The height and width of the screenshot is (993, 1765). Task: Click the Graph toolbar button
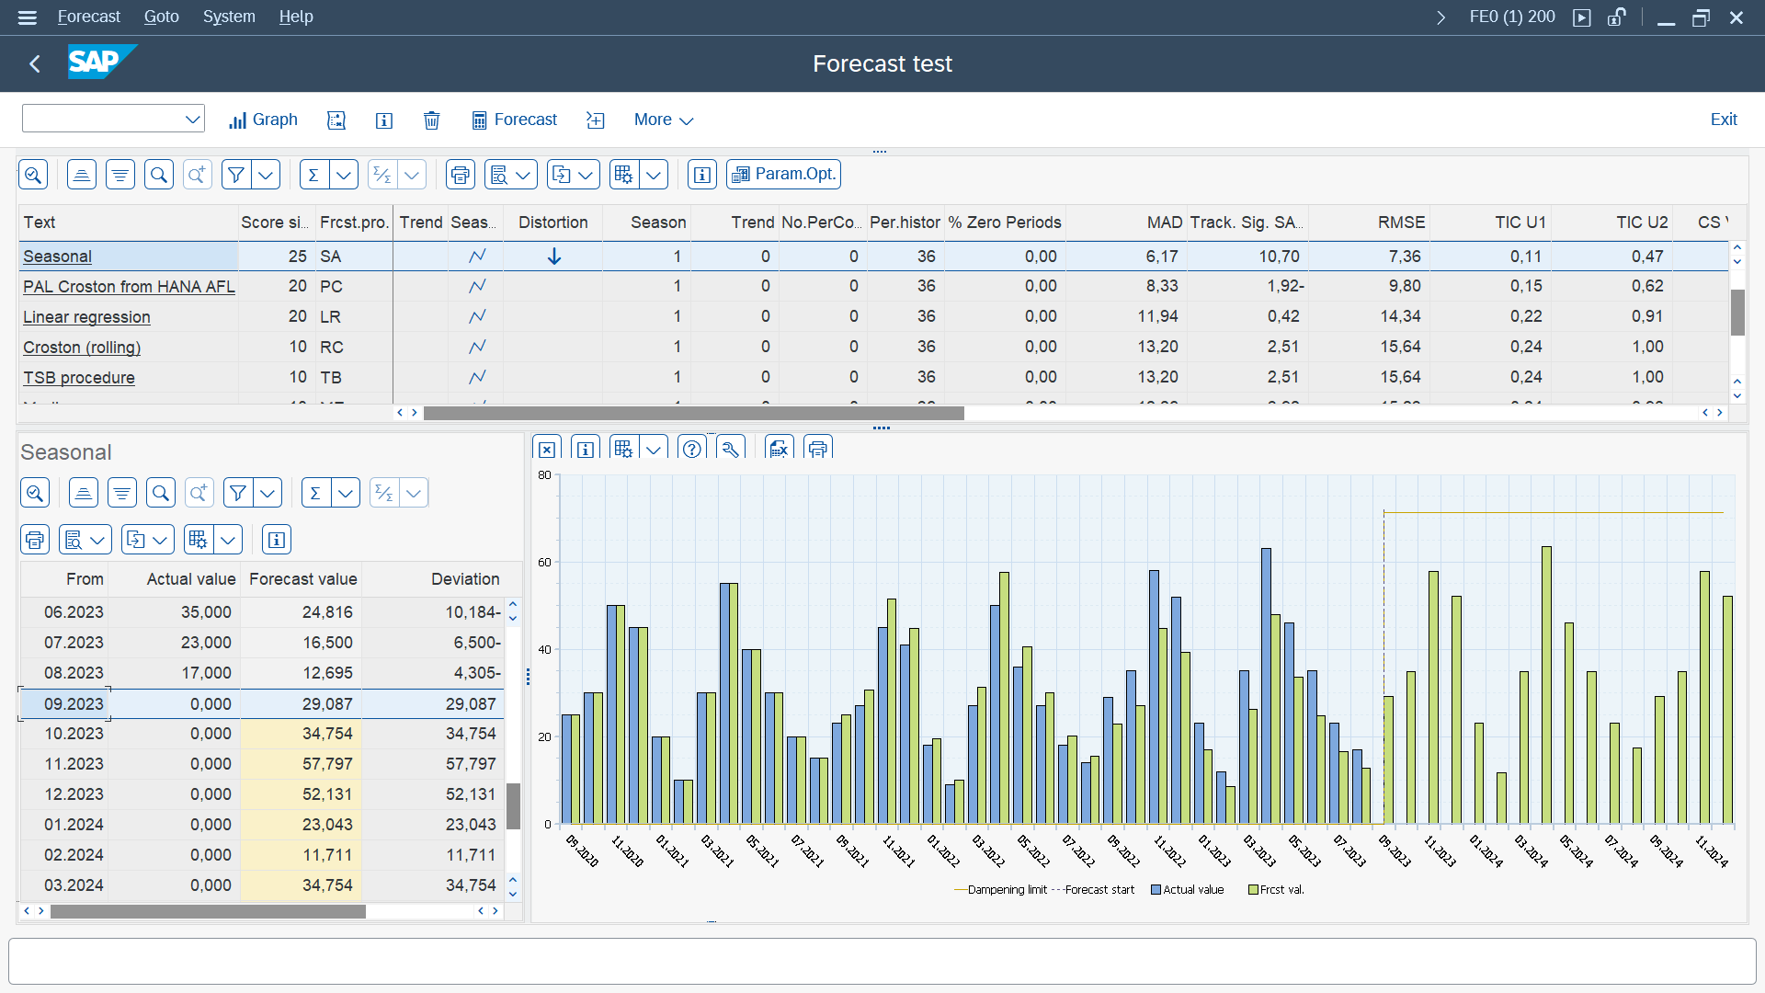click(x=263, y=120)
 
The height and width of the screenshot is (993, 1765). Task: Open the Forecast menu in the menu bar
click(x=88, y=17)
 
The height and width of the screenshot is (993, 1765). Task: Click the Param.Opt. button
click(x=783, y=174)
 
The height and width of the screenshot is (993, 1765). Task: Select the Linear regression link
click(x=86, y=317)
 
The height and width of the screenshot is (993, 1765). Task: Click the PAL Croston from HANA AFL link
click(x=129, y=287)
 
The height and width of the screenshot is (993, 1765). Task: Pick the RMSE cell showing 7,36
click(x=1404, y=257)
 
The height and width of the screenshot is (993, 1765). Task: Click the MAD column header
click(x=1164, y=223)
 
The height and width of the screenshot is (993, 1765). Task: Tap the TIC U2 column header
click(x=1641, y=223)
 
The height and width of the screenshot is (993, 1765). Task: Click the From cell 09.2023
click(x=74, y=704)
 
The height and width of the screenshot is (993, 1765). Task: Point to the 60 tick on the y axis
click(x=544, y=563)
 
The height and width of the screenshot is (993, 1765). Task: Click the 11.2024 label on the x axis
click(x=1711, y=851)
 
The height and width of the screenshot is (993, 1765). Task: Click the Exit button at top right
click(x=1723, y=120)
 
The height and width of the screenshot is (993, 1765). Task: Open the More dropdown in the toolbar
click(x=663, y=120)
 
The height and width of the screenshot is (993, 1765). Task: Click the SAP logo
click(x=101, y=63)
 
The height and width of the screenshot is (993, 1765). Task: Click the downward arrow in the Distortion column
click(x=553, y=257)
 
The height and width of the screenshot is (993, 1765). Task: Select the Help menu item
click(x=295, y=17)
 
